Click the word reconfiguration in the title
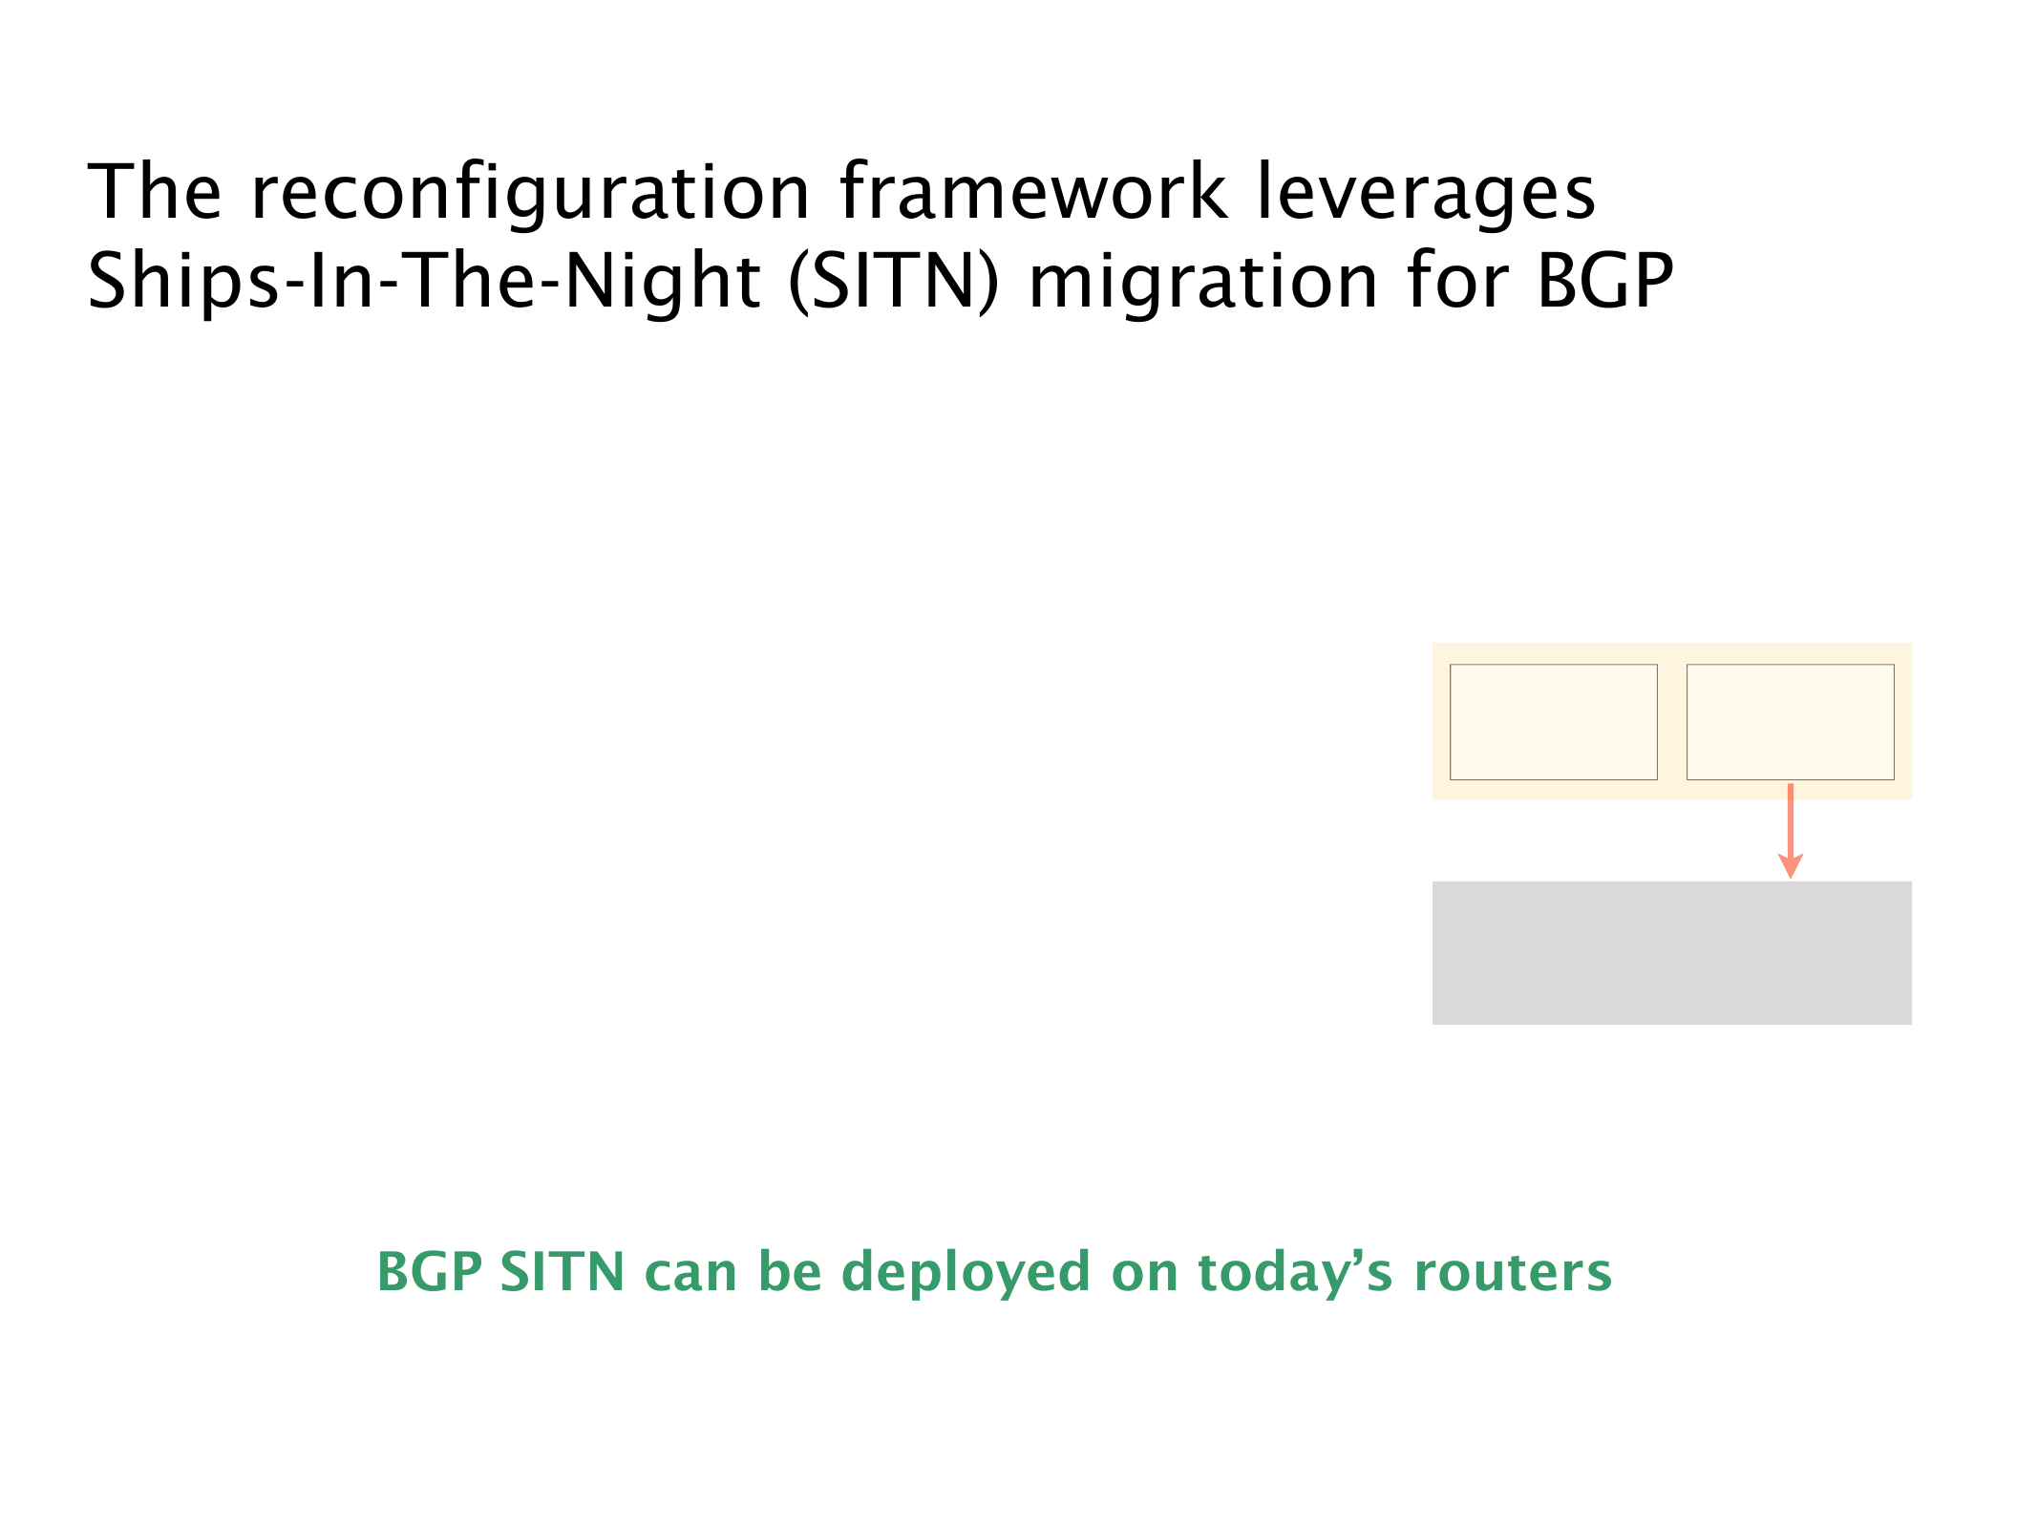pyautogui.click(x=530, y=193)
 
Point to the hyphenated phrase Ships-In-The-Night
pyautogui.click(x=423, y=282)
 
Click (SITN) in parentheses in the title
pyautogui.click(x=893, y=282)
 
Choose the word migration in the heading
pyautogui.click(x=1202, y=282)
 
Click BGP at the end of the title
pyautogui.click(x=1604, y=281)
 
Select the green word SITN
pyautogui.click(x=562, y=1272)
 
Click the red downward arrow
pyautogui.click(x=1790, y=830)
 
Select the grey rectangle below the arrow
pyautogui.click(x=1671, y=952)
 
